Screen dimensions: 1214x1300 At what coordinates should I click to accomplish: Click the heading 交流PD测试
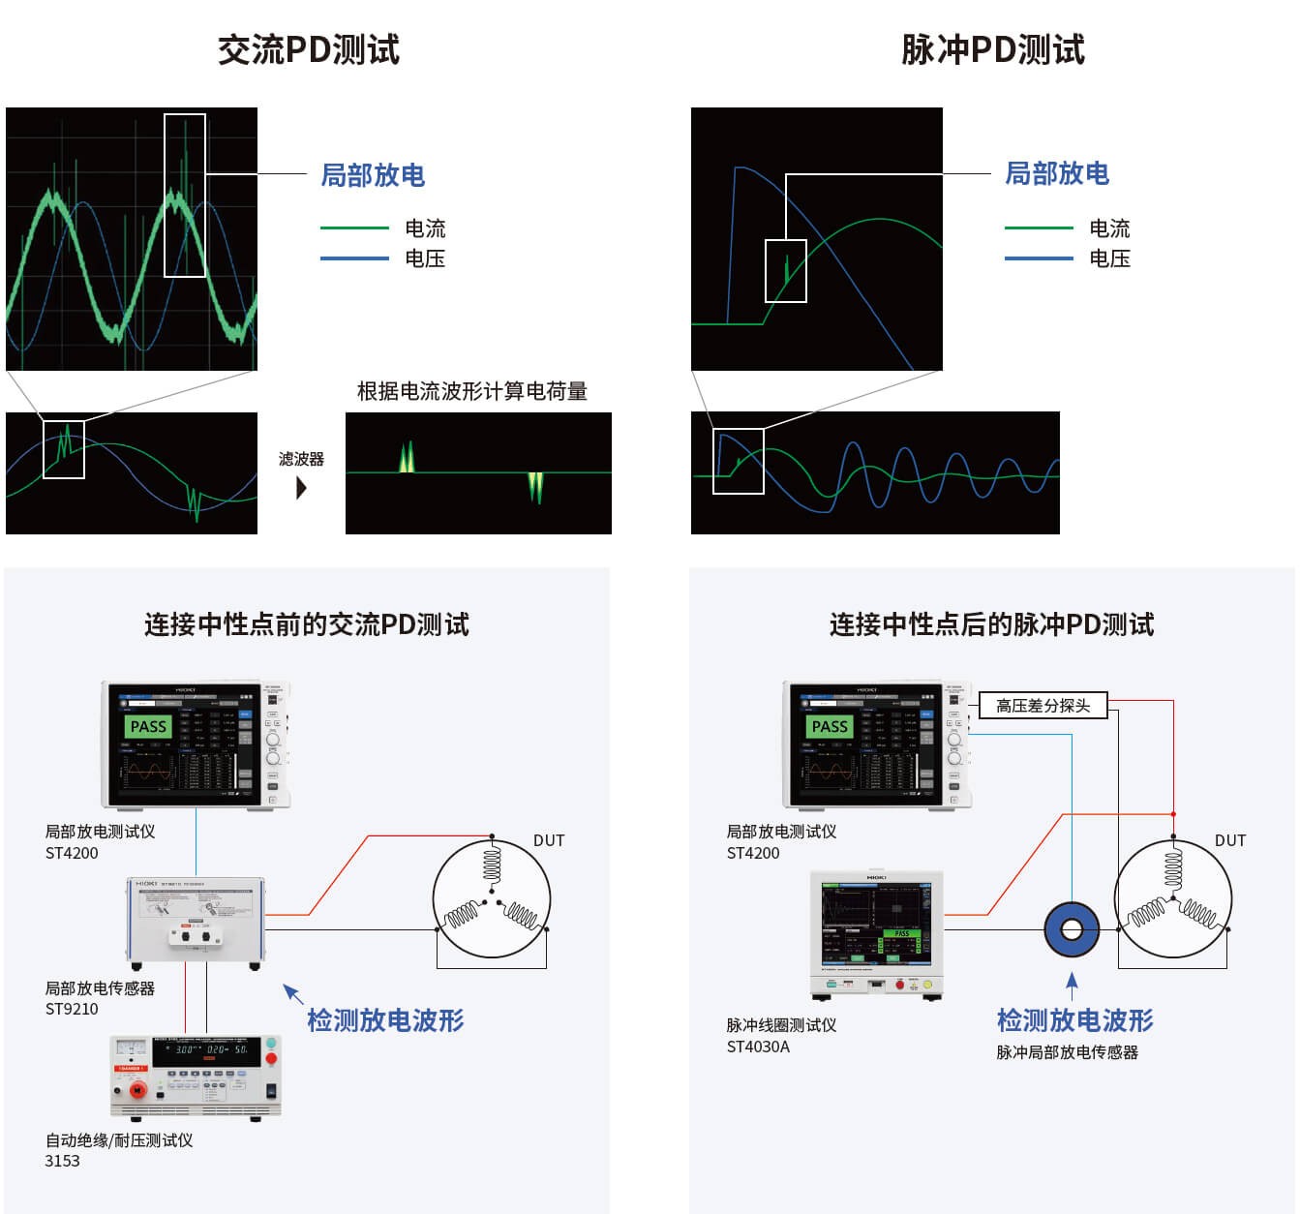point(309,49)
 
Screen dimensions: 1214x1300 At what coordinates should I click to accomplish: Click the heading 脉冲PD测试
point(993,49)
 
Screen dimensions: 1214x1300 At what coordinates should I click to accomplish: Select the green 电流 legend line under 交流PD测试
point(354,228)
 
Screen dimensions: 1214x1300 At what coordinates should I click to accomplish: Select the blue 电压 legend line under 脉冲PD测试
point(1039,258)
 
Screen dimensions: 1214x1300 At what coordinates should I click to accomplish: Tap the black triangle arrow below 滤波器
point(301,487)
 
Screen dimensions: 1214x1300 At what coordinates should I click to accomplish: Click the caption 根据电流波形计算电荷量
point(472,391)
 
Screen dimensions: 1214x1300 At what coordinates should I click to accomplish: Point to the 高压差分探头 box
point(1043,706)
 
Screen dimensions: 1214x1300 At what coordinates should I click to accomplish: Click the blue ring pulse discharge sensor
point(1072,930)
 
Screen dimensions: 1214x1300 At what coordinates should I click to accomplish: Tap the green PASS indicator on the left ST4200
point(148,726)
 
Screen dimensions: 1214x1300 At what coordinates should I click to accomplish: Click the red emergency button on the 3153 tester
point(137,1090)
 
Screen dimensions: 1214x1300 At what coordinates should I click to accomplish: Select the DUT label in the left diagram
point(549,840)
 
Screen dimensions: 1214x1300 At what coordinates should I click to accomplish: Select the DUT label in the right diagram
point(1230,840)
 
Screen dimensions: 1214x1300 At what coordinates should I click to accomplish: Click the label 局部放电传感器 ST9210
point(100,998)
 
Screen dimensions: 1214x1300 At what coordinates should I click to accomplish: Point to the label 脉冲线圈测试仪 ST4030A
point(781,1035)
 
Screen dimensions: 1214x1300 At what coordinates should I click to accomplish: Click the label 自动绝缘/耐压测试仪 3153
point(118,1150)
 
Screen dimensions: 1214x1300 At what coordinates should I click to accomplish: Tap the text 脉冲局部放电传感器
point(1067,1052)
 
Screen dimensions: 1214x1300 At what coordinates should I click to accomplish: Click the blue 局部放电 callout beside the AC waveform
point(373,175)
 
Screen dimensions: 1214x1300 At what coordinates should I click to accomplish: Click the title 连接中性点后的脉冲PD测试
point(991,624)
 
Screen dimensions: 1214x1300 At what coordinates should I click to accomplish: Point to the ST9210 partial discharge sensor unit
point(197,923)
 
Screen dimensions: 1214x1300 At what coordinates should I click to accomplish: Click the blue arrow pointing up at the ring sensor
point(1072,986)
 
